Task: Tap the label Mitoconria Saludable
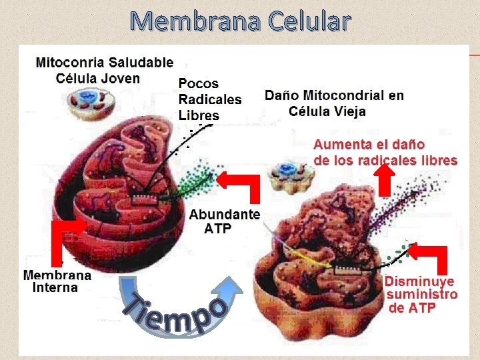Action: pos(104,63)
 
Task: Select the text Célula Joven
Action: pos(98,78)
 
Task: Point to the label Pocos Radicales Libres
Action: pos(209,99)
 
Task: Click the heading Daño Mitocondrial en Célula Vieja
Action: pos(334,103)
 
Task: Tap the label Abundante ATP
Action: pos(224,221)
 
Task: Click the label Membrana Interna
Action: pos(57,281)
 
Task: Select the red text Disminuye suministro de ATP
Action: pos(421,294)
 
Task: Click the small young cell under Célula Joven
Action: pos(89,105)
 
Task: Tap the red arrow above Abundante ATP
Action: pos(241,183)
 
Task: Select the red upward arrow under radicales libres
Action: pos(385,179)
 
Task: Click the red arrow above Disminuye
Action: pos(429,256)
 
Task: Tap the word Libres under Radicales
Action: pos(199,115)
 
